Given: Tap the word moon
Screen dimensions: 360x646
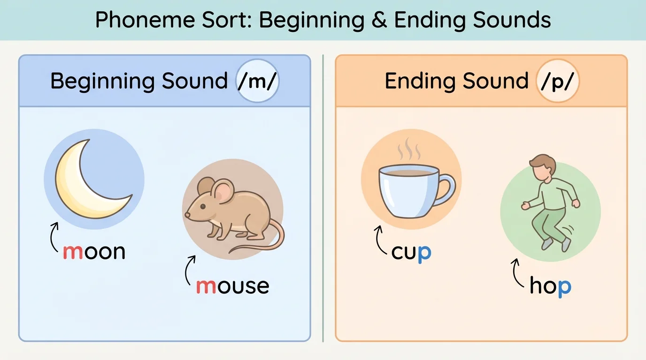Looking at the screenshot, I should point(94,252).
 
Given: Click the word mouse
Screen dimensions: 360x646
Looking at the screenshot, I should point(232,285).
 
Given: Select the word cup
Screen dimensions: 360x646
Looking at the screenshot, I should point(411,253).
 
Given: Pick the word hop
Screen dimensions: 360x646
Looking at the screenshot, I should point(550,285).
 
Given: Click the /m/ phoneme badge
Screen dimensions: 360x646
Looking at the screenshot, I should point(258,81).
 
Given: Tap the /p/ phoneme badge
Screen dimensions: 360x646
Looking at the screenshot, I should point(557,81).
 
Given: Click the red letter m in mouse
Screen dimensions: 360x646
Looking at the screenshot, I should point(206,286).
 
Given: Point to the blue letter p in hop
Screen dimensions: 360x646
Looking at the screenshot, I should point(564,287).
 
